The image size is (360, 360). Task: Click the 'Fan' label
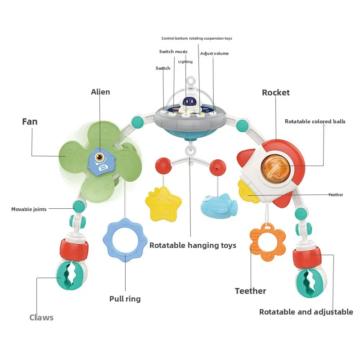[30, 121]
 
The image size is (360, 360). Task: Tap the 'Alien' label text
[100, 92]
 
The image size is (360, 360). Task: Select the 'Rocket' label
[276, 93]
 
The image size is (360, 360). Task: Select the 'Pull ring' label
[125, 299]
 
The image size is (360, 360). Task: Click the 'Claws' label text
[41, 318]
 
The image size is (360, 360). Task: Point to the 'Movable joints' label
[29, 209]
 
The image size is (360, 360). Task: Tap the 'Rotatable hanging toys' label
[193, 245]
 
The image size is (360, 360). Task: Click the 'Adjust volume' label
[214, 54]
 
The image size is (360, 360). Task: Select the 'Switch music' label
[173, 52]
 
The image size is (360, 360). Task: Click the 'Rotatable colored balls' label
[315, 121]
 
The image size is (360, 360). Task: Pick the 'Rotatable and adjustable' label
[306, 312]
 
